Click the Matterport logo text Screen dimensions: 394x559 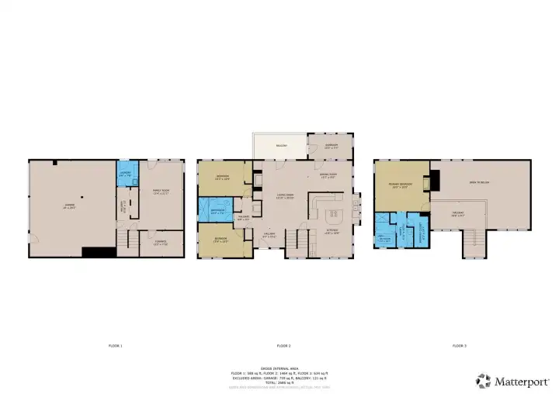pos(517,380)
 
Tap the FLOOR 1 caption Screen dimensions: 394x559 pos(116,345)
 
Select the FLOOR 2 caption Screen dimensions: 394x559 pos(283,345)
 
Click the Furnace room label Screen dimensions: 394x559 pos(160,241)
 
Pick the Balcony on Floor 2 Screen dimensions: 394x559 pos(280,145)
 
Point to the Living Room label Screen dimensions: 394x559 pos(285,195)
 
